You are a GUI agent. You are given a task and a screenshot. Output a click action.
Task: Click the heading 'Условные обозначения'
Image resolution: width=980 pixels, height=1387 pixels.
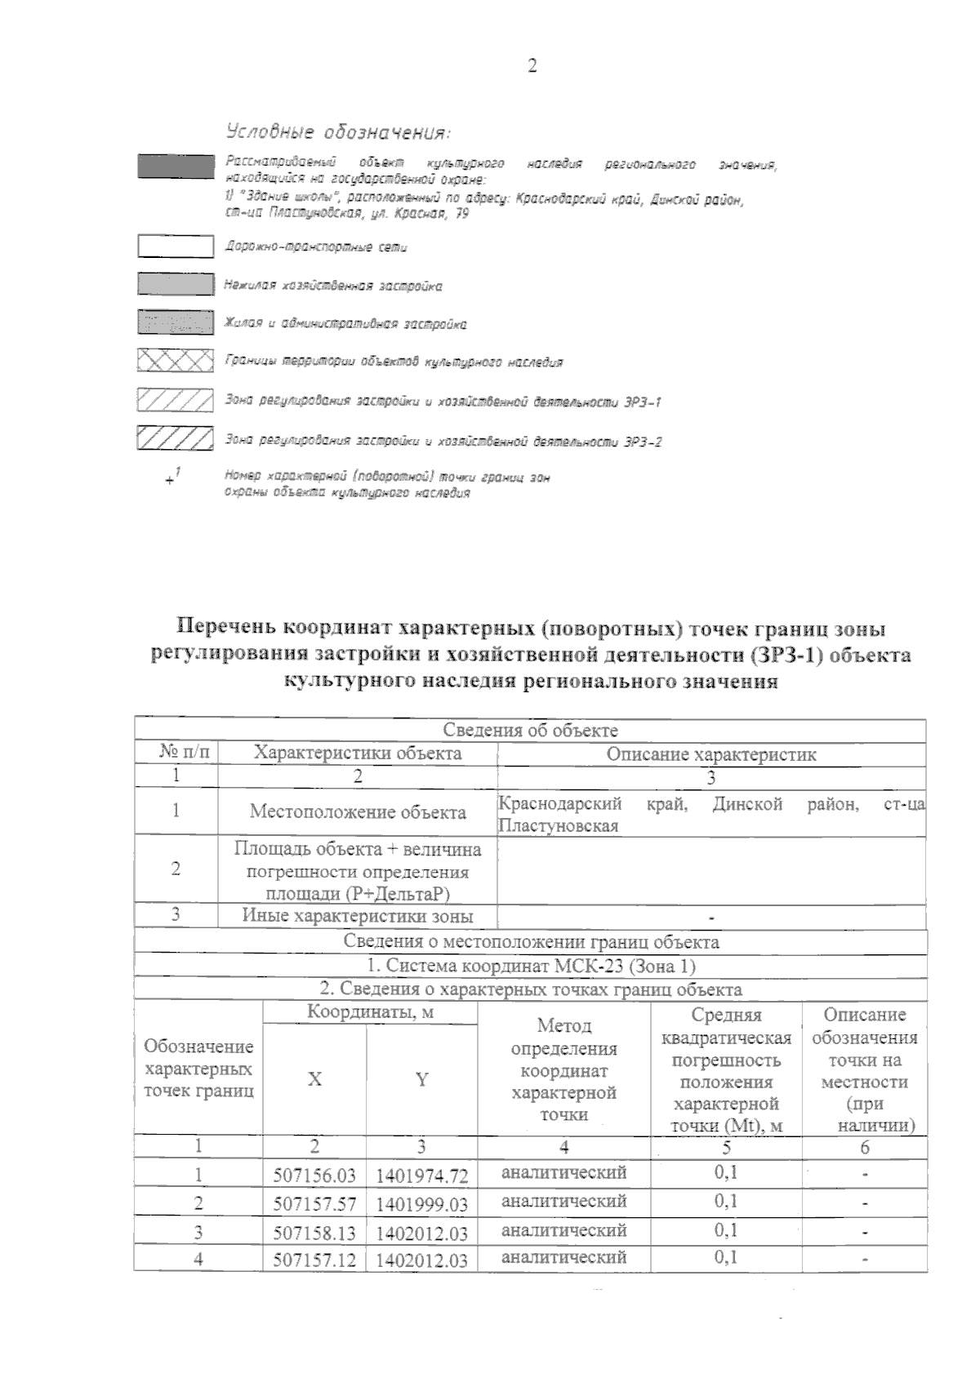pos(338,132)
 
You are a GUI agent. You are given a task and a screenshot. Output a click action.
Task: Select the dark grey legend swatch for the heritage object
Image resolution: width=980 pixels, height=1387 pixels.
pos(175,166)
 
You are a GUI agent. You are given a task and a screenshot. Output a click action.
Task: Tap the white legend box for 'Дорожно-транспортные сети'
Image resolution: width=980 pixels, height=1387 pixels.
pos(175,246)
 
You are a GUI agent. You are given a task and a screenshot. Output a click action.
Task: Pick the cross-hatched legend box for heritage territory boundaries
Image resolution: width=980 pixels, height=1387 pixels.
pos(175,360)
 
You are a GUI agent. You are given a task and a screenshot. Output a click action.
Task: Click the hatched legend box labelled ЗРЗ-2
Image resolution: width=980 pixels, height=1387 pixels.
pos(175,438)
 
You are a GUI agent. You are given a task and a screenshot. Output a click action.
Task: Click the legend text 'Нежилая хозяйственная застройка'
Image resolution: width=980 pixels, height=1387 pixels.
pos(333,286)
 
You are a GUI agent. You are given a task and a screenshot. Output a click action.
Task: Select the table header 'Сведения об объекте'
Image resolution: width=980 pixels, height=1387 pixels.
pos(530,730)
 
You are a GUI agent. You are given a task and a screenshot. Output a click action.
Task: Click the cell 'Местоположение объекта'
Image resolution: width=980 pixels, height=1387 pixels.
pos(358,811)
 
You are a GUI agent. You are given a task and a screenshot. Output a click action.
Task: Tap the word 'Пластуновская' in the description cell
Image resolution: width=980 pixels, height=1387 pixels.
pos(558,825)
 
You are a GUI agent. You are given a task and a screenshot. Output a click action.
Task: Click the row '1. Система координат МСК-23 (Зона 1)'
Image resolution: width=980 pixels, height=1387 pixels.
pos(530,966)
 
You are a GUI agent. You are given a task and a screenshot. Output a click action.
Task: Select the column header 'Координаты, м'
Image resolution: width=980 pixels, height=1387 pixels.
pos(369,1013)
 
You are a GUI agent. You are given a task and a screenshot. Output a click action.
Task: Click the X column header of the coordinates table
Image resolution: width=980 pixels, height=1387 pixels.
pos(314,1079)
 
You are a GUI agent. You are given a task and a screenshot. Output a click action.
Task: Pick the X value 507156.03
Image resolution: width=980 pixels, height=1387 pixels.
pos(314,1176)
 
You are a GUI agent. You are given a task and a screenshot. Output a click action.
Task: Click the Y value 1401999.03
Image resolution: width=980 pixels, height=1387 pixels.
pos(421,1204)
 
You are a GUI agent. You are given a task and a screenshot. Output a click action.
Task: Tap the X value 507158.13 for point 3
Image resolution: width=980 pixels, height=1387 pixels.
pos(314,1232)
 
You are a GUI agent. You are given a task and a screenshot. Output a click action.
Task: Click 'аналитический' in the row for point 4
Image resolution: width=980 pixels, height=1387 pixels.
pos(563,1257)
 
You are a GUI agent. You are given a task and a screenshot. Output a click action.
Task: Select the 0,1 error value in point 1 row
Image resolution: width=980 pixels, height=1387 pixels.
pos(725,1173)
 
